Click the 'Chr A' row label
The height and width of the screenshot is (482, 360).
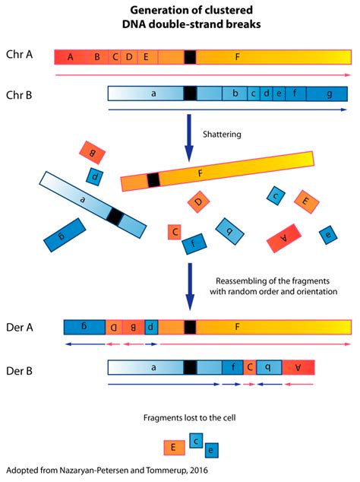coord(19,55)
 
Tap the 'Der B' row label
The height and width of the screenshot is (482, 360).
coord(19,371)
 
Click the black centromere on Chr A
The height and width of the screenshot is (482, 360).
coord(190,57)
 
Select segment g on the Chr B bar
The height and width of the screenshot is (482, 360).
coord(327,94)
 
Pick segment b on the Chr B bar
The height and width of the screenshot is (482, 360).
coord(235,94)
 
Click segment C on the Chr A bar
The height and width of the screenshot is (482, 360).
coord(115,57)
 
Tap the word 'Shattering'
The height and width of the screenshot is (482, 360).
coord(222,135)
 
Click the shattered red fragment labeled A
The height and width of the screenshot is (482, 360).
coord(284,238)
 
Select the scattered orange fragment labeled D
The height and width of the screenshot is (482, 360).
coord(199,201)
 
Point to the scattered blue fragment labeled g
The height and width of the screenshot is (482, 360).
coord(65,235)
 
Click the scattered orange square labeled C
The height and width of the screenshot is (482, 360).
coord(175,232)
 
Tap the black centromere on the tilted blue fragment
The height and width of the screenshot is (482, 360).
coord(115,217)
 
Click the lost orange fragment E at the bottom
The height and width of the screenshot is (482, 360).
coord(174,448)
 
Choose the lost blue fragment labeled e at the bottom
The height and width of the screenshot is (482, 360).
coord(212,450)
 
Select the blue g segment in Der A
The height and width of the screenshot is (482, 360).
coord(85,327)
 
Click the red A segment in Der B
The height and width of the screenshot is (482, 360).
coord(298,367)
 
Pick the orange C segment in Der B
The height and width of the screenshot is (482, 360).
coord(250,367)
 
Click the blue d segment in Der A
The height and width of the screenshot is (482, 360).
coord(151,327)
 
